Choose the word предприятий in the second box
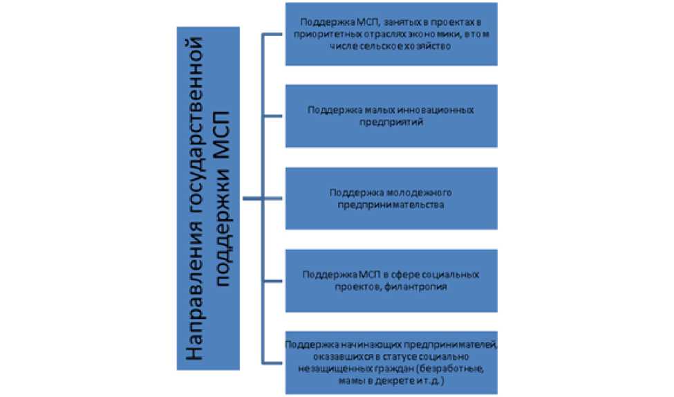pos(391,122)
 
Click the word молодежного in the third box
pos(413,192)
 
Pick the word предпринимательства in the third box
pos(391,204)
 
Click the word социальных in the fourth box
pos(443,274)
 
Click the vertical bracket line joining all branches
pos(261,138)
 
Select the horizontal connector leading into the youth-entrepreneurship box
pos(273,199)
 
